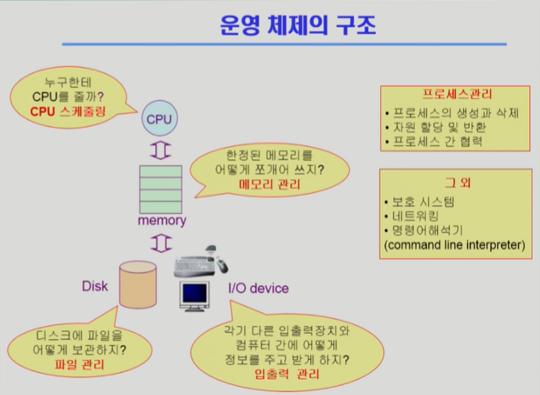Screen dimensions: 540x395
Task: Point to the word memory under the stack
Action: pos(162,220)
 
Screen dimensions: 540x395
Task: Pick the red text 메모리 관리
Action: pos(270,184)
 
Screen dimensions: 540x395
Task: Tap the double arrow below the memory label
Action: pos(163,241)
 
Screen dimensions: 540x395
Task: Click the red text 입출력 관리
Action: pos(286,374)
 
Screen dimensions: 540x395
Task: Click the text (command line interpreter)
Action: pos(455,245)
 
